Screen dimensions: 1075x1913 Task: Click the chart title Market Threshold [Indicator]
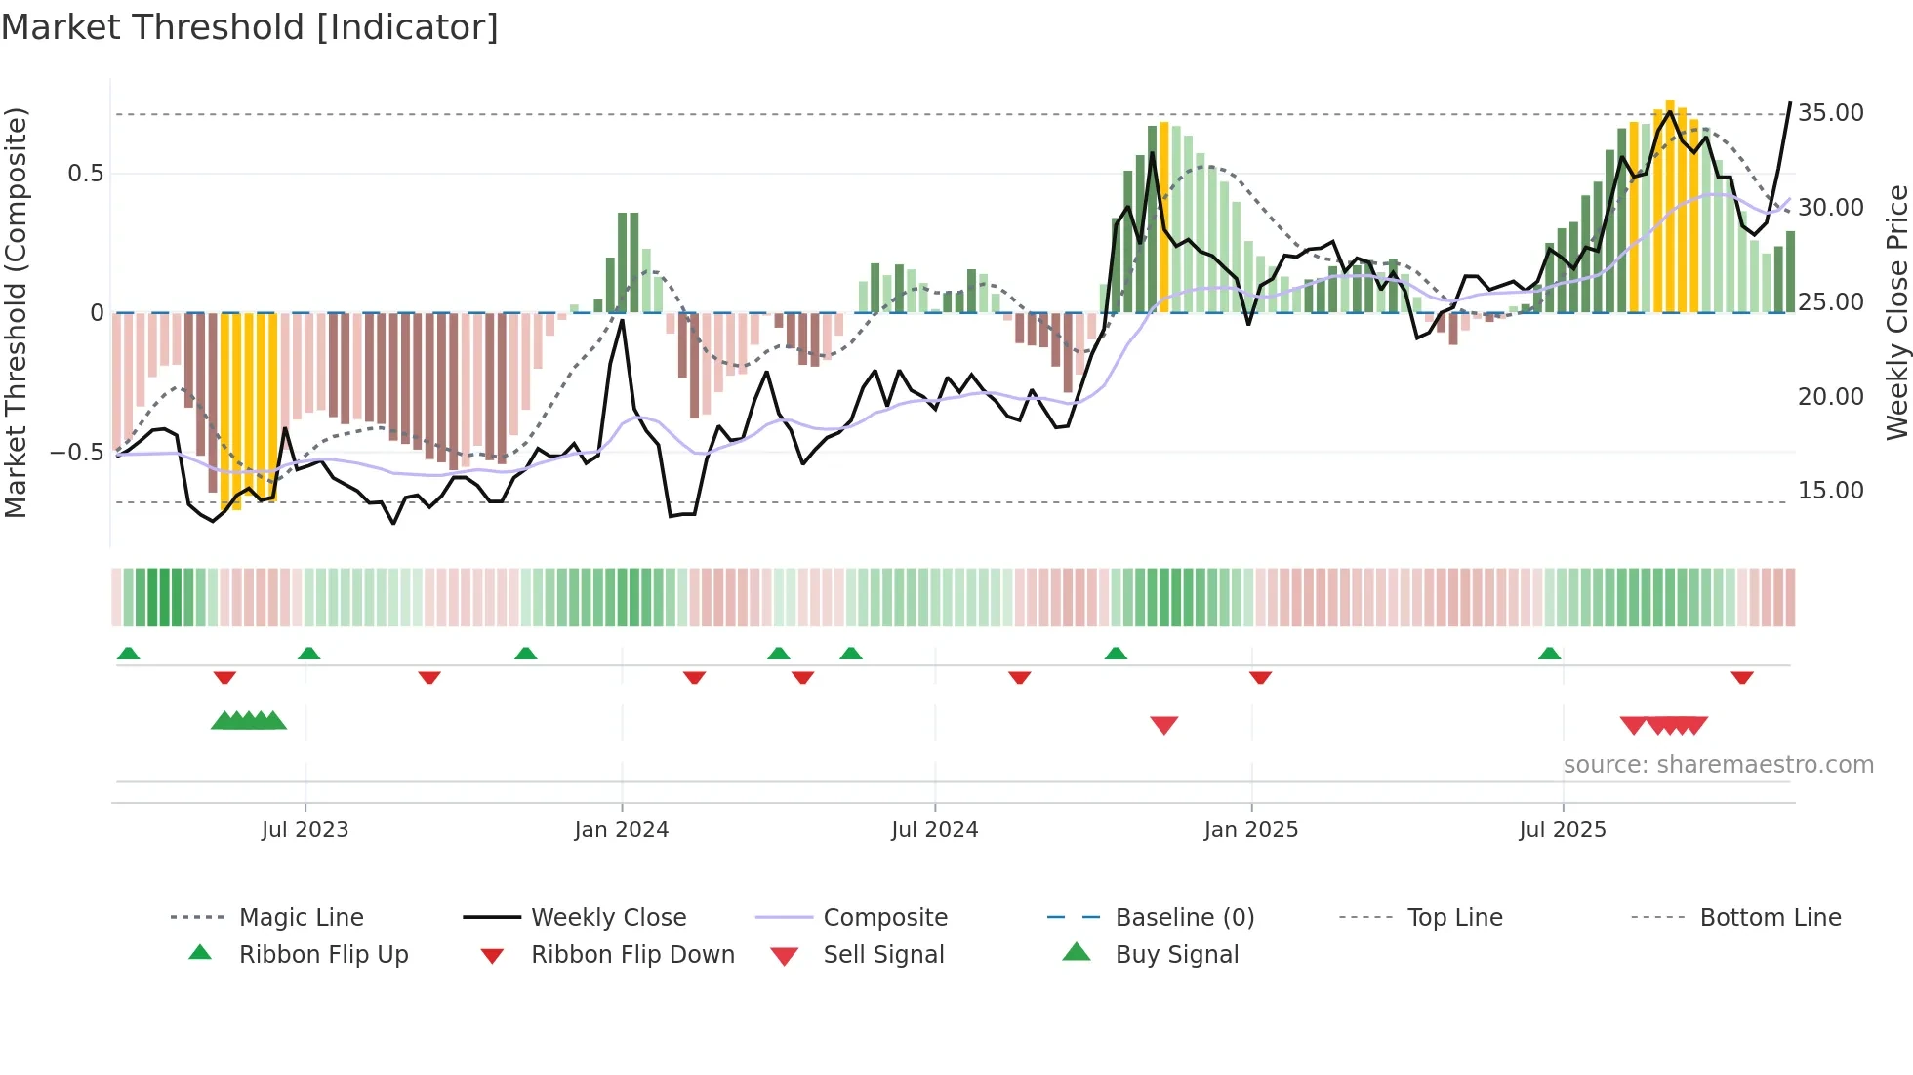[x=250, y=27]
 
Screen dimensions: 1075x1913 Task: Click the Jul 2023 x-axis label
[x=305, y=830]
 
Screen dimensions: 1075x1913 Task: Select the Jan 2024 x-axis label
[x=622, y=830]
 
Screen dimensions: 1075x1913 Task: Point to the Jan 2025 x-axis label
[x=1251, y=830]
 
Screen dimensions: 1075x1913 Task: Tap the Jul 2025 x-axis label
[x=1563, y=830]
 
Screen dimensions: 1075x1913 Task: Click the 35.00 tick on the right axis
[x=1831, y=113]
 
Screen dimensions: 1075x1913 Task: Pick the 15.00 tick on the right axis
[x=1831, y=491]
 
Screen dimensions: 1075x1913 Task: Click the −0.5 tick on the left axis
[x=76, y=453]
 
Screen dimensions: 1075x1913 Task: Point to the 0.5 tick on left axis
[x=85, y=174]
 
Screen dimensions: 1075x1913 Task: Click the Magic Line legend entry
[x=301, y=918]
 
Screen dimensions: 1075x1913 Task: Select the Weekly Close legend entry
[x=608, y=918]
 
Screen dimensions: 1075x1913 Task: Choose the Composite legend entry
[x=885, y=918]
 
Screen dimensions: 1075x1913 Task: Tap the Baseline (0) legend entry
[x=1184, y=918]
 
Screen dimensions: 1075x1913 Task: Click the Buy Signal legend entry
[x=1176, y=955]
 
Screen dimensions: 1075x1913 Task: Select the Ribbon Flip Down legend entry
[x=632, y=955]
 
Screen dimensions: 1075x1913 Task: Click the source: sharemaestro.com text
[x=1718, y=765]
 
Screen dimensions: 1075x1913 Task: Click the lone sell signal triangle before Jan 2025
[x=1164, y=725]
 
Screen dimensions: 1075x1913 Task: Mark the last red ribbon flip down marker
[x=1742, y=677]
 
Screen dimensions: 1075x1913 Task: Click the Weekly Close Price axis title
[x=1896, y=312]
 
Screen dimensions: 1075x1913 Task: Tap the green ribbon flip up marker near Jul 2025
[x=1549, y=654]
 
